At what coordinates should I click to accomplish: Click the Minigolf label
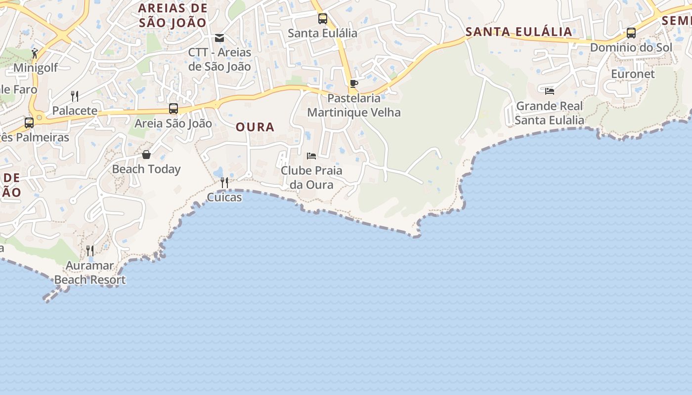click(x=36, y=68)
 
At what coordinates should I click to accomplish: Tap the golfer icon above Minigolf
click(x=35, y=53)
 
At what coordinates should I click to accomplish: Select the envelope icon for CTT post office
click(x=219, y=38)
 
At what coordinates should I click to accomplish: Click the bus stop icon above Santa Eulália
click(x=323, y=19)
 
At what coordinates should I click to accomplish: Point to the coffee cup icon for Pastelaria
click(x=353, y=83)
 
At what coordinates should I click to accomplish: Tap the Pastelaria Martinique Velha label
click(x=354, y=105)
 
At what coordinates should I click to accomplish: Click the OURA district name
click(x=255, y=127)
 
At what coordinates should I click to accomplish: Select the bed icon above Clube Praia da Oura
click(x=311, y=156)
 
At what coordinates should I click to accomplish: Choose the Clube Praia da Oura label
click(x=311, y=178)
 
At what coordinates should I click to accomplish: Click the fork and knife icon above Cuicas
click(x=224, y=183)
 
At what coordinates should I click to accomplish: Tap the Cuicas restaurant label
click(x=224, y=197)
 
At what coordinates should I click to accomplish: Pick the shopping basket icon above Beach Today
click(x=146, y=155)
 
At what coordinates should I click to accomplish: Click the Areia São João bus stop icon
click(x=173, y=109)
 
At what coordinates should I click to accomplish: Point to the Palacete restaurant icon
click(x=75, y=96)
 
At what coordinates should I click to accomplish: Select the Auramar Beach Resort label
click(x=90, y=273)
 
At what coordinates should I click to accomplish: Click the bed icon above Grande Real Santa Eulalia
click(x=549, y=91)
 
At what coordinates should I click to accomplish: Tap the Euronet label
click(x=633, y=74)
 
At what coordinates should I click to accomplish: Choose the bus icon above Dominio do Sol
click(x=631, y=33)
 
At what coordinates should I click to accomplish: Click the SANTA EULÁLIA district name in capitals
click(x=519, y=32)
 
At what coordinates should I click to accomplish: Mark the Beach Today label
click(x=146, y=169)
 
